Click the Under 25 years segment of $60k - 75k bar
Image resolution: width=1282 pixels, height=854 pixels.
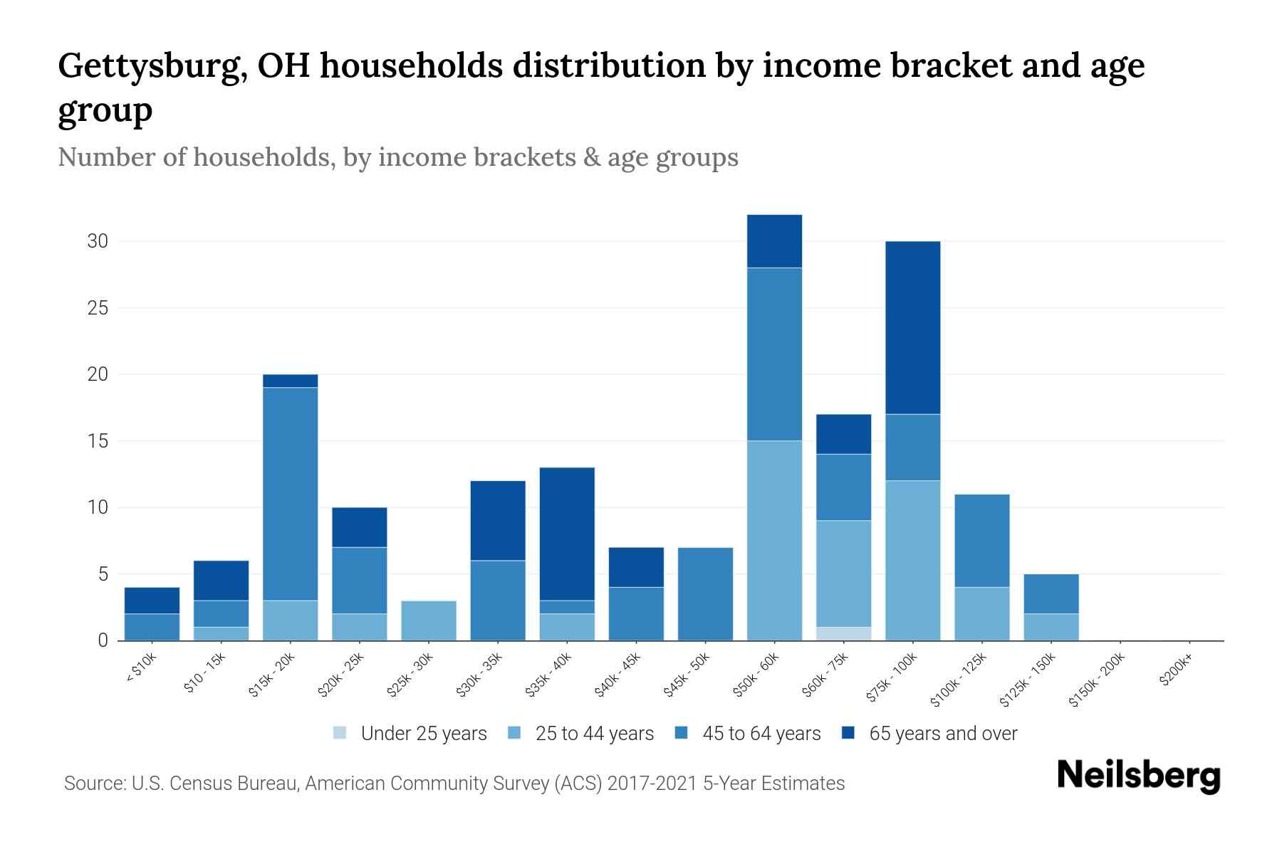pos(843,633)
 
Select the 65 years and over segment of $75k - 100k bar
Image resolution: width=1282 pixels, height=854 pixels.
pos(912,327)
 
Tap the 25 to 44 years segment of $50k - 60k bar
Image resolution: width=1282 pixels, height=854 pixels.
pos(774,541)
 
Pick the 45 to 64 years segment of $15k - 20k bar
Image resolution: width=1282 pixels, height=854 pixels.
pos(290,494)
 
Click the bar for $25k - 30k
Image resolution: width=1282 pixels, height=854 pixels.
pos(429,621)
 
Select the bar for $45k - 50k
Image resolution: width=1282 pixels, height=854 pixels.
pos(705,594)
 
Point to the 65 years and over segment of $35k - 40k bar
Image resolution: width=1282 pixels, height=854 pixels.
pos(567,534)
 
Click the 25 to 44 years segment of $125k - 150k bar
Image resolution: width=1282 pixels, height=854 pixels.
pos(1051,627)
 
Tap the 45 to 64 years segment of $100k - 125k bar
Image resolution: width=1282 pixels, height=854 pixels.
pos(981,541)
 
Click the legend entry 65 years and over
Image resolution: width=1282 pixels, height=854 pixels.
pos(930,734)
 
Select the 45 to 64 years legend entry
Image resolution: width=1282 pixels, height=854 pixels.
pos(748,734)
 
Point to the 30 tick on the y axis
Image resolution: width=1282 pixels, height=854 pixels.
pos(98,241)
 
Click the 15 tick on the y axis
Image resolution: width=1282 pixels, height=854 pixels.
pos(98,441)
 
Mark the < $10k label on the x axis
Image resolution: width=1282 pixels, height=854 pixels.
pos(142,669)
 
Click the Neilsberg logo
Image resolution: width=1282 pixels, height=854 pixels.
pos(1138,776)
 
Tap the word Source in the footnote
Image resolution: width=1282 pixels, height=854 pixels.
pos(93,784)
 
